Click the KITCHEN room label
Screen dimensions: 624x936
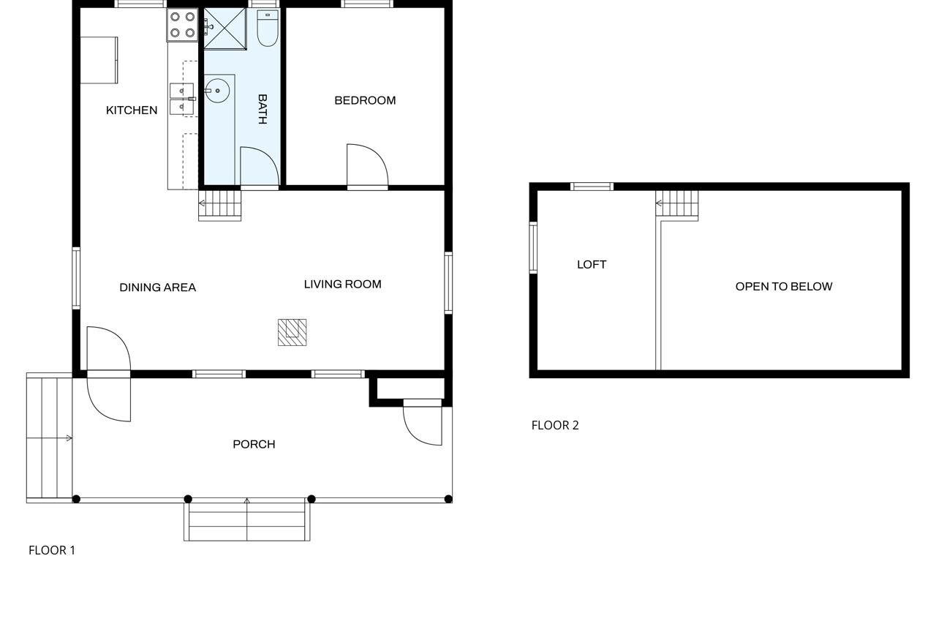pyautogui.click(x=132, y=110)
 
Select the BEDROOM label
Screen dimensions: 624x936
pyautogui.click(x=365, y=100)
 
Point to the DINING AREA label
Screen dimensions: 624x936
pyautogui.click(x=158, y=287)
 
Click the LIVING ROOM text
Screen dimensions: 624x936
pyautogui.click(x=342, y=284)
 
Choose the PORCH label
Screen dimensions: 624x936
pyautogui.click(x=254, y=444)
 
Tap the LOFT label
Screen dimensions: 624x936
pyautogui.click(x=592, y=265)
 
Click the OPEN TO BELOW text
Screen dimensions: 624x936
pyautogui.click(x=783, y=287)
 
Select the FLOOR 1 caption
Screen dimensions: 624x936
pyautogui.click(x=52, y=550)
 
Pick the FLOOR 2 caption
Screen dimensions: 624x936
pyautogui.click(x=555, y=425)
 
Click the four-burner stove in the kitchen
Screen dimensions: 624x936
pyautogui.click(x=182, y=24)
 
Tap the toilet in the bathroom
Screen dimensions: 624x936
pyautogui.click(x=268, y=28)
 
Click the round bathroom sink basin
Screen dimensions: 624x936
pyautogui.click(x=217, y=91)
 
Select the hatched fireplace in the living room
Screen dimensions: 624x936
pyautogui.click(x=292, y=332)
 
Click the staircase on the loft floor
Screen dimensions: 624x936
pyautogui.click(x=677, y=205)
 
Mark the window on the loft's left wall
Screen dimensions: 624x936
pyautogui.click(x=533, y=248)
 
